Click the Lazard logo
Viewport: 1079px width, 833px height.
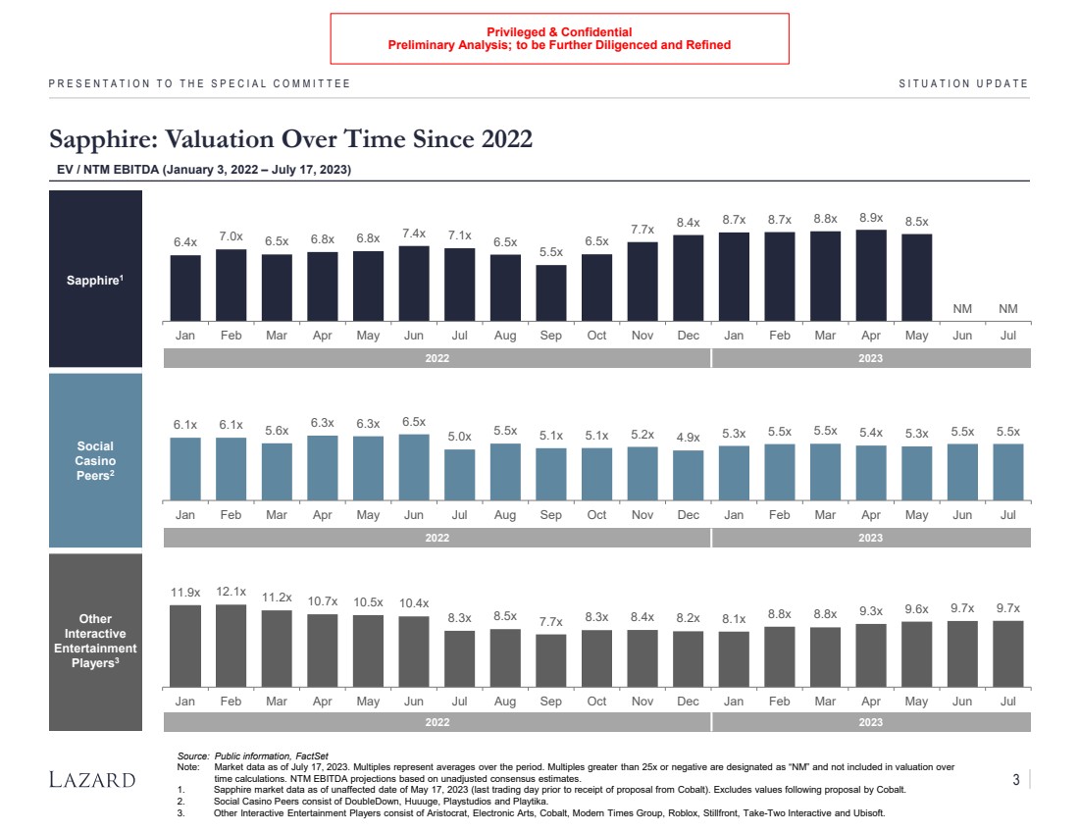click(92, 780)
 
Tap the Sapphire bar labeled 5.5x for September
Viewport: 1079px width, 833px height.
click(550, 293)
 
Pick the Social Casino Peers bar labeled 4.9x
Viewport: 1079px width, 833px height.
click(688, 475)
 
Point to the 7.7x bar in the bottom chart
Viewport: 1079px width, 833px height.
click(550, 659)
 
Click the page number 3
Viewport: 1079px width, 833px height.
click(1016, 780)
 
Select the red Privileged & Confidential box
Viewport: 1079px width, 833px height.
click(559, 38)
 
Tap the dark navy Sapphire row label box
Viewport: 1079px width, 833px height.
click(95, 280)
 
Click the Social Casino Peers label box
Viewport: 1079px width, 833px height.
click(95, 460)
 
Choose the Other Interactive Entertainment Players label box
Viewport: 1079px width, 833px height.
click(95, 642)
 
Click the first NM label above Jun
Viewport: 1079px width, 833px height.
click(962, 309)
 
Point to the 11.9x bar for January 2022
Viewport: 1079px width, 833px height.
click(185, 645)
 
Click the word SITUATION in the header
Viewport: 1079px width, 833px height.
click(932, 83)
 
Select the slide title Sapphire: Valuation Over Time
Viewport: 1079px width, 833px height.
click(291, 139)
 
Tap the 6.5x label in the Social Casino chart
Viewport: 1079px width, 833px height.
click(413, 421)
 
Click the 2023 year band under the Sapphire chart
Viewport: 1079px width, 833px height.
click(870, 358)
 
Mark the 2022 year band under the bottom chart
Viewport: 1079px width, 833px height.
click(437, 723)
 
